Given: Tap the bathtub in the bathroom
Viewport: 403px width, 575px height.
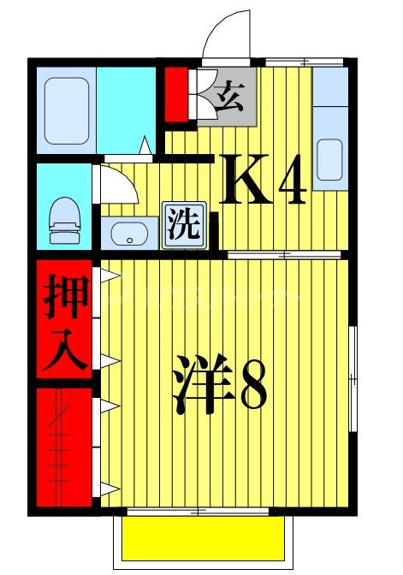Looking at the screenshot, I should [x=66, y=110].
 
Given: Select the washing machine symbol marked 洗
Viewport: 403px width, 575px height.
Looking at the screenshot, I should [x=183, y=225].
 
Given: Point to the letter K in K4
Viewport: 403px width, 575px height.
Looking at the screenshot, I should [x=246, y=181].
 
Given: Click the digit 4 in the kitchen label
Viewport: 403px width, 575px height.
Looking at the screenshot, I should [x=288, y=181].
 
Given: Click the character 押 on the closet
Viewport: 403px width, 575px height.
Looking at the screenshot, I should [x=64, y=295].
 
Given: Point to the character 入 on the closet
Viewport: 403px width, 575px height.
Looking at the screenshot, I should [x=64, y=350].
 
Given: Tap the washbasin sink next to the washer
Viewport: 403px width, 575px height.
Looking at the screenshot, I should [x=130, y=232].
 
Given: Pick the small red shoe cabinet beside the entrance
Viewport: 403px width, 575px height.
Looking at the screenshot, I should [x=176, y=94].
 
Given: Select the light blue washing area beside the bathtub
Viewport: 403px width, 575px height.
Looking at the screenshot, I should [x=127, y=110].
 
